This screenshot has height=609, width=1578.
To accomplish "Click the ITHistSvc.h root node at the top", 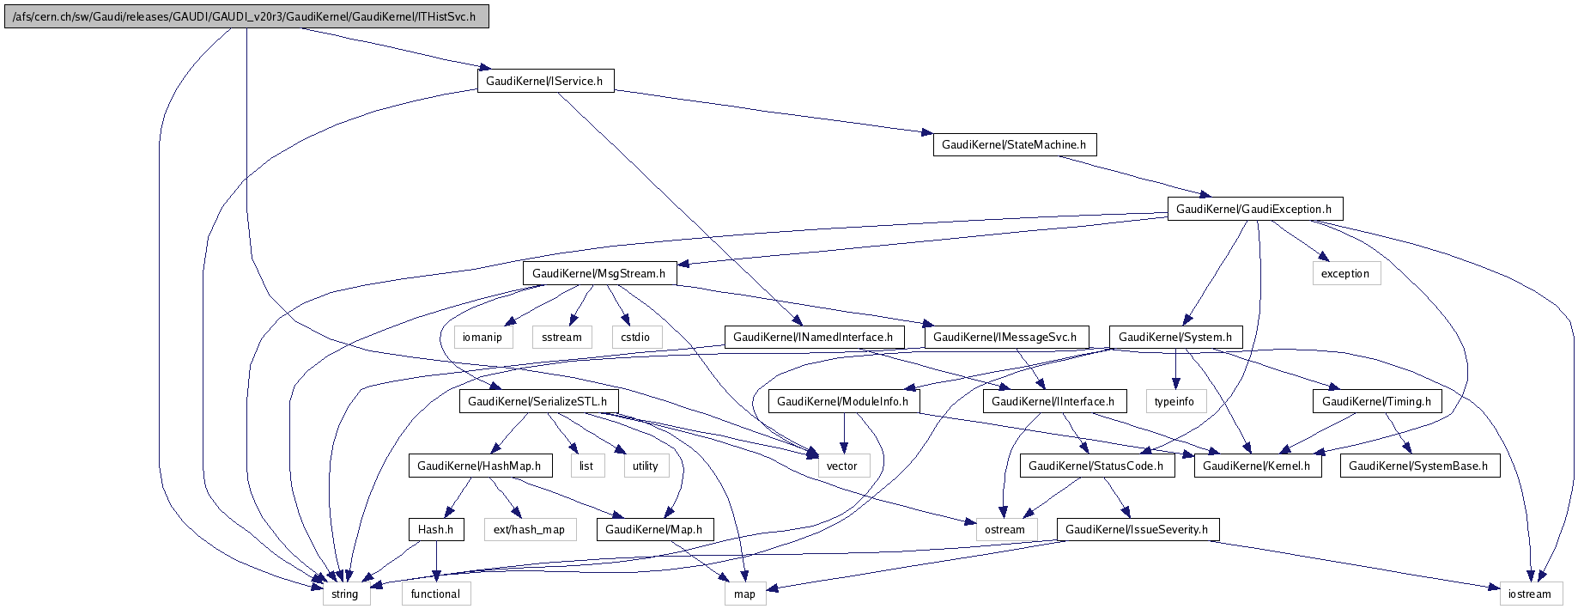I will [246, 17].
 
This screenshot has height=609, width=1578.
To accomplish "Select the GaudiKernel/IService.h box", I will [545, 81].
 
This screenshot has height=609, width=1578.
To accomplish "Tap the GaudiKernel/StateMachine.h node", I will [1014, 144].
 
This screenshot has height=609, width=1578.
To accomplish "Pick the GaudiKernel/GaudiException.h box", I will [1253, 209].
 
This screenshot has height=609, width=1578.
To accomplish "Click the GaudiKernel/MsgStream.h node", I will [599, 273].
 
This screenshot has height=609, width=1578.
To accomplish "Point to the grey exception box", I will [1345, 273].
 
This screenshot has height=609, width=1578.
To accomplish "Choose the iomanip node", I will [483, 337].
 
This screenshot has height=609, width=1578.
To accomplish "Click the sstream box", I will [562, 337].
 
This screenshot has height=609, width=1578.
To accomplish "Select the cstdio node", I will [635, 337].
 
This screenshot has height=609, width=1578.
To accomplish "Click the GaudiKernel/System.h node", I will [1175, 337].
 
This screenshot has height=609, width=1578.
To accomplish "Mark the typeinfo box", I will [1174, 401].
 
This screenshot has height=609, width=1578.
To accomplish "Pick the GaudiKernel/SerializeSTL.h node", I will [537, 401].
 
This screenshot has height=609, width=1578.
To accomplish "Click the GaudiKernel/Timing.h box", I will [1376, 401].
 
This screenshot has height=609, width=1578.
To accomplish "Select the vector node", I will [842, 466].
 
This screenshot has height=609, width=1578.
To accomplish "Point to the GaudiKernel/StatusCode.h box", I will [1095, 466].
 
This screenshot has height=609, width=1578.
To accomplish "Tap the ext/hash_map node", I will [530, 529].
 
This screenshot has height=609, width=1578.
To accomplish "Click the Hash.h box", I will [436, 529].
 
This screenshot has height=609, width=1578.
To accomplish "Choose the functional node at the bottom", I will [435, 594].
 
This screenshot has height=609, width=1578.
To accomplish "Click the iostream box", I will [1530, 594].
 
